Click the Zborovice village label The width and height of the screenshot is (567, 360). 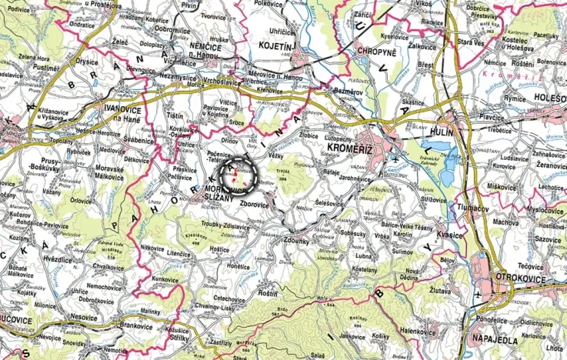point(255,205)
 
